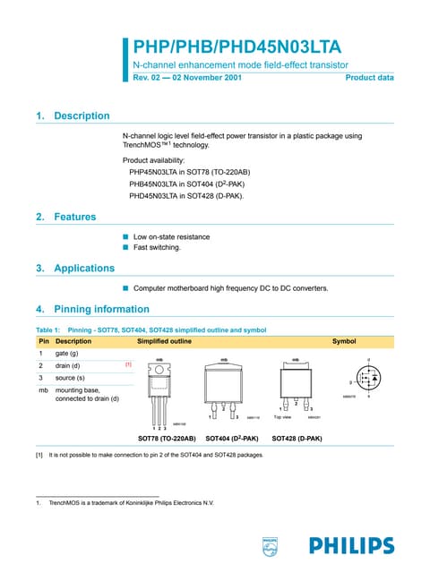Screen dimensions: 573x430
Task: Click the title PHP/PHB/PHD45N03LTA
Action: click(236, 47)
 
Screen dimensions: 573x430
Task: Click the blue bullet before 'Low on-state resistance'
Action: click(126, 237)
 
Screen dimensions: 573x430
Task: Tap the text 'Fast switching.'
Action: click(157, 247)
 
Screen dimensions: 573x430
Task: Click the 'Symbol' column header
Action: click(343, 341)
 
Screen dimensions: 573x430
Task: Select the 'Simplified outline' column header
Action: click(164, 341)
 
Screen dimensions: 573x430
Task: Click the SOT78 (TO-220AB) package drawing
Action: click(159, 390)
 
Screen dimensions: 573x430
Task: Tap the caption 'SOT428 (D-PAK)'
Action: click(297, 439)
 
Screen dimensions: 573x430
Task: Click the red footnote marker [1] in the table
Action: click(128, 365)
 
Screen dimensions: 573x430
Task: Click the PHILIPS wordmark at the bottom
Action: click(351, 545)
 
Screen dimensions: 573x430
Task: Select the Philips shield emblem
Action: click(270, 544)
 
